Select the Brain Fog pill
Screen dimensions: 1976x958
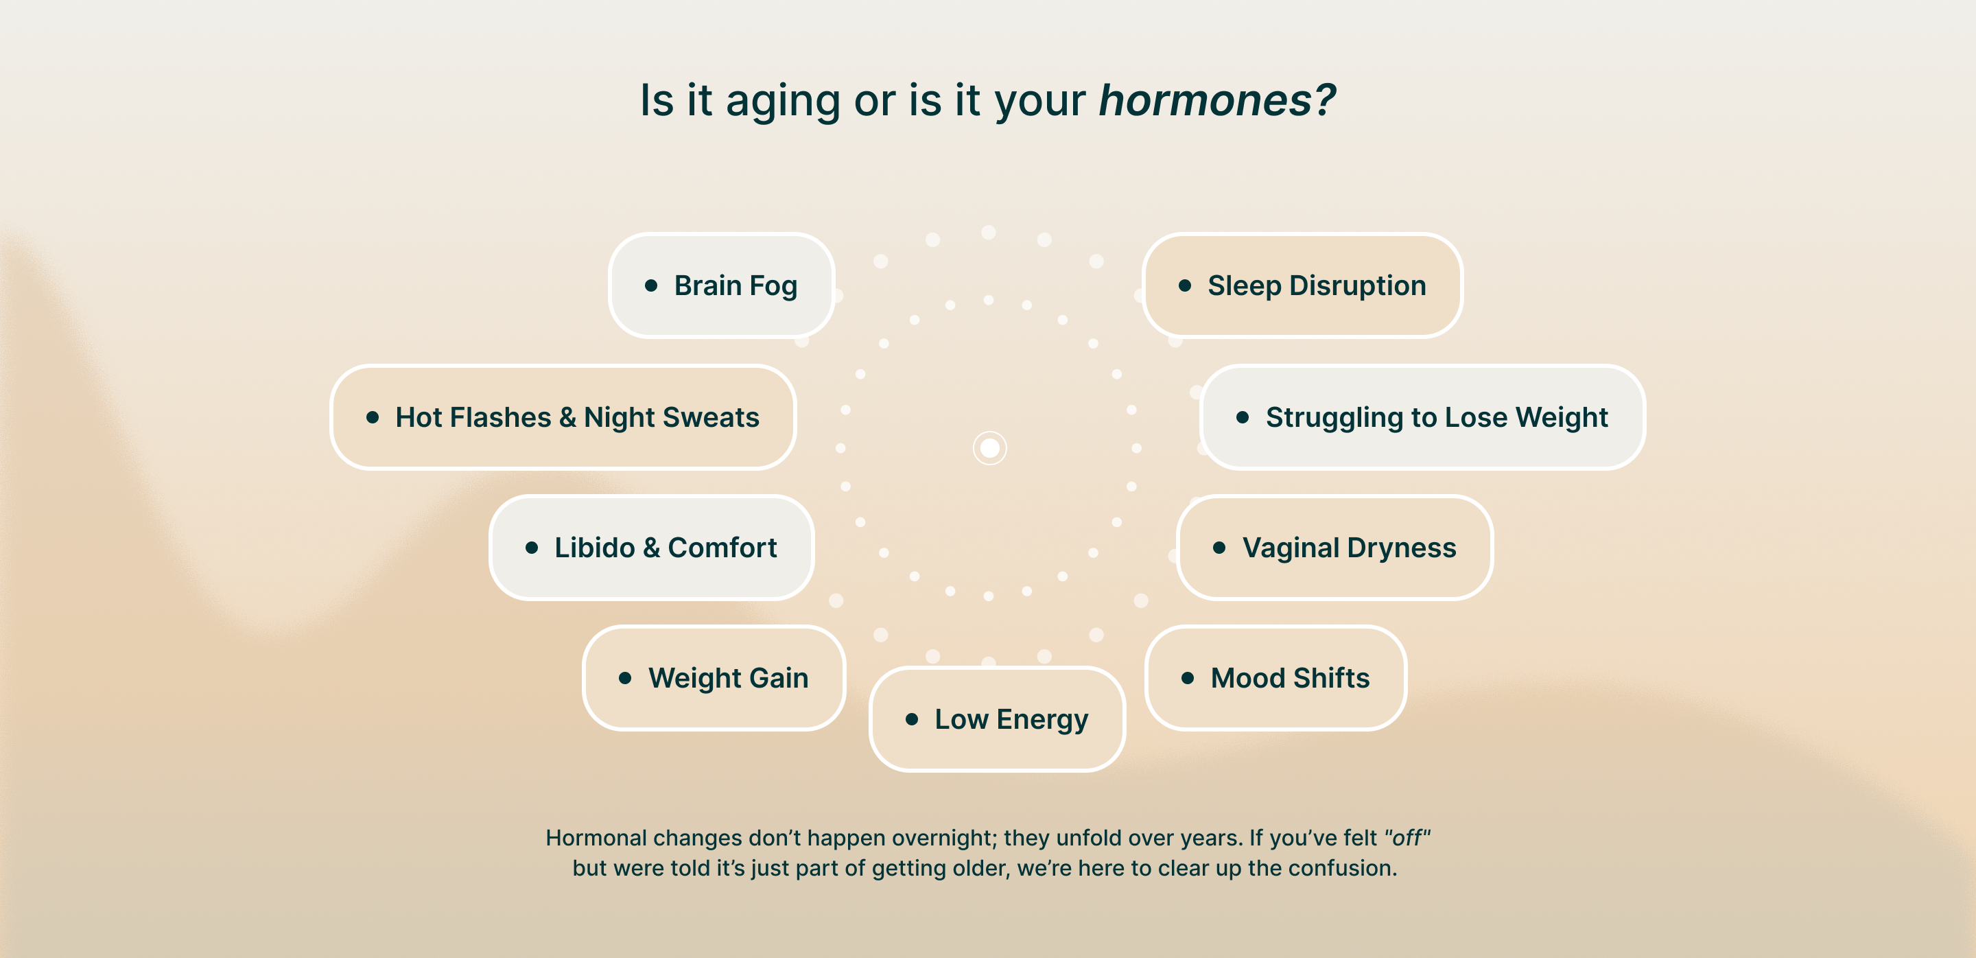pyautogui.click(x=721, y=285)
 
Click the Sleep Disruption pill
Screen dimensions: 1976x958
pyautogui.click(x=1302, y=285)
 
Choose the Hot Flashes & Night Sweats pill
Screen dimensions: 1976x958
pyautogui.click(x=563, y=417)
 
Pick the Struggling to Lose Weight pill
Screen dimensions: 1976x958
pyautogui.click(x=1422, y=417)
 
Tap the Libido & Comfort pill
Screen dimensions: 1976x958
pyautogui.click(x=651, y=548)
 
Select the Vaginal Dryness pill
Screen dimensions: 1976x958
pyautogui.click(x=1334, y=548)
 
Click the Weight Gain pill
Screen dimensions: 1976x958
pyautogui.click(x=714, y=678)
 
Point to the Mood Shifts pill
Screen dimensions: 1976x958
pyautogui.click(x=1275, y=678)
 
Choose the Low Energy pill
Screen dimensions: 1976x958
pyautogui.click(x=997, y=719)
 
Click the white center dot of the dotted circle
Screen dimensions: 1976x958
pyautogui.click(x=989, y=448)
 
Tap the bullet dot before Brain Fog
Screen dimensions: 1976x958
pyautogui.click(x=651, y=286)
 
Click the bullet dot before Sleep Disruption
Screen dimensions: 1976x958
pyautogui.click(x=1185, y=286)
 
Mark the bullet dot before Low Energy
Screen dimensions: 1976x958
pyautogui.click(x=912, y=719)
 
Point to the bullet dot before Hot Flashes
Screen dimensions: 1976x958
pyautogui.click(x=373, y=417)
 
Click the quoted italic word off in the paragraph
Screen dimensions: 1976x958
pyautogui.click(x=1408, y=838)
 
